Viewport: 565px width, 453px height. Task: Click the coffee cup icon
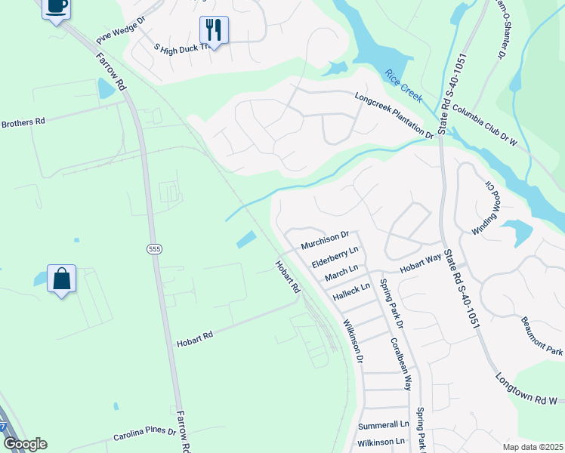[x=57, y=7]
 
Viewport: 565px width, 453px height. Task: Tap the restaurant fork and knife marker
[x=214, y=30]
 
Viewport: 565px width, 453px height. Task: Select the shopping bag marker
[x=61, y=279]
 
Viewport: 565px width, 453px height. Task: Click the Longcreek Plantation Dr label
[x=394, y=115]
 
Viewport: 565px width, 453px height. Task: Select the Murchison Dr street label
[x=325, y=241]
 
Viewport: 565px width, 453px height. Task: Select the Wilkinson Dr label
[x=354, y=339]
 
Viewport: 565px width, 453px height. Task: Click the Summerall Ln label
[x=383, y=425]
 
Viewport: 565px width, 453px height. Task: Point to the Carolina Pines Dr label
[x=144, y=434]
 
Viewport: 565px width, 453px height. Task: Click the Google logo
[x=24, y=444]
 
